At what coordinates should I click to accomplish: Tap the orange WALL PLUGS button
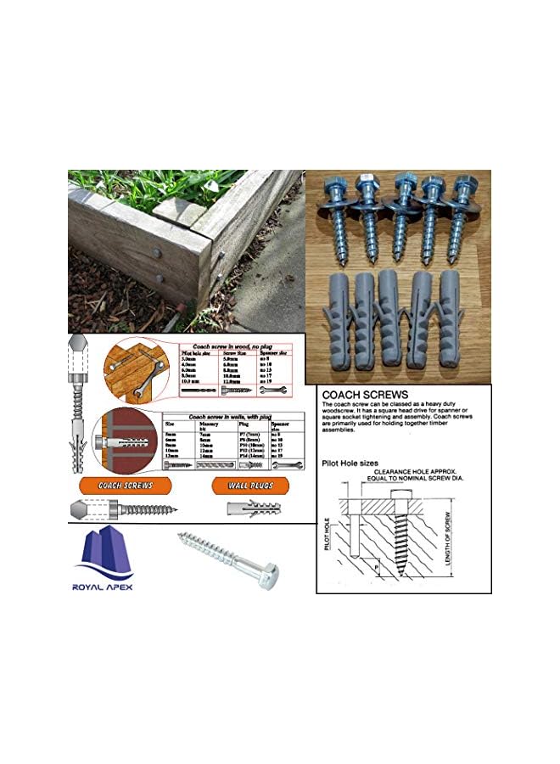click(x=243, y=486)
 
